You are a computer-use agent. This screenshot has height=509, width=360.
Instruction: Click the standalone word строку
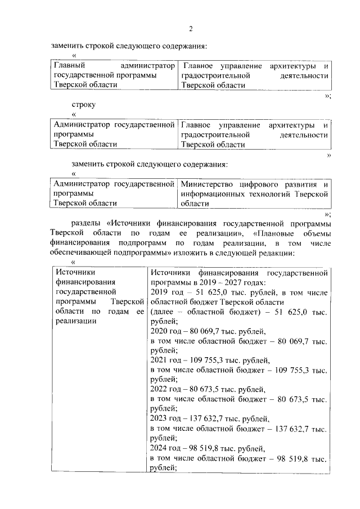point(83,105)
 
